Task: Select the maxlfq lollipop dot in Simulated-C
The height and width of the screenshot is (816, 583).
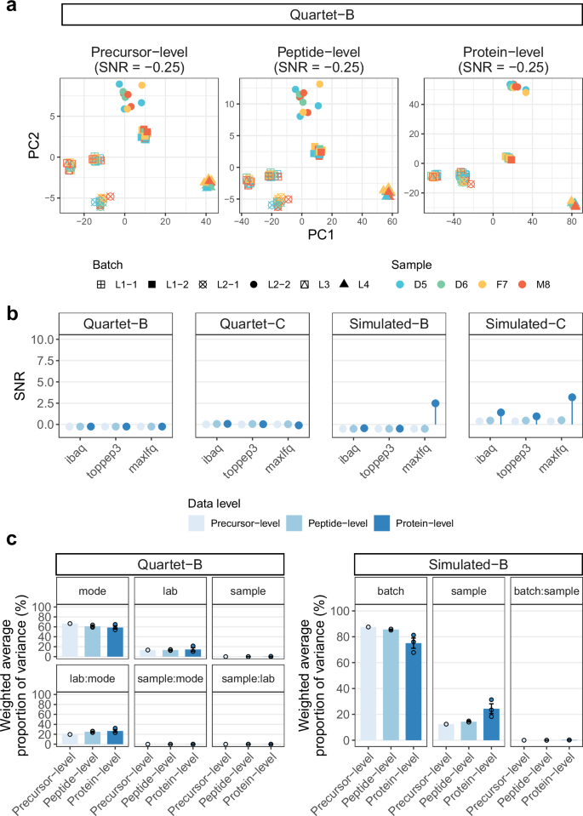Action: pyautogui.click(x=572, y=397)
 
